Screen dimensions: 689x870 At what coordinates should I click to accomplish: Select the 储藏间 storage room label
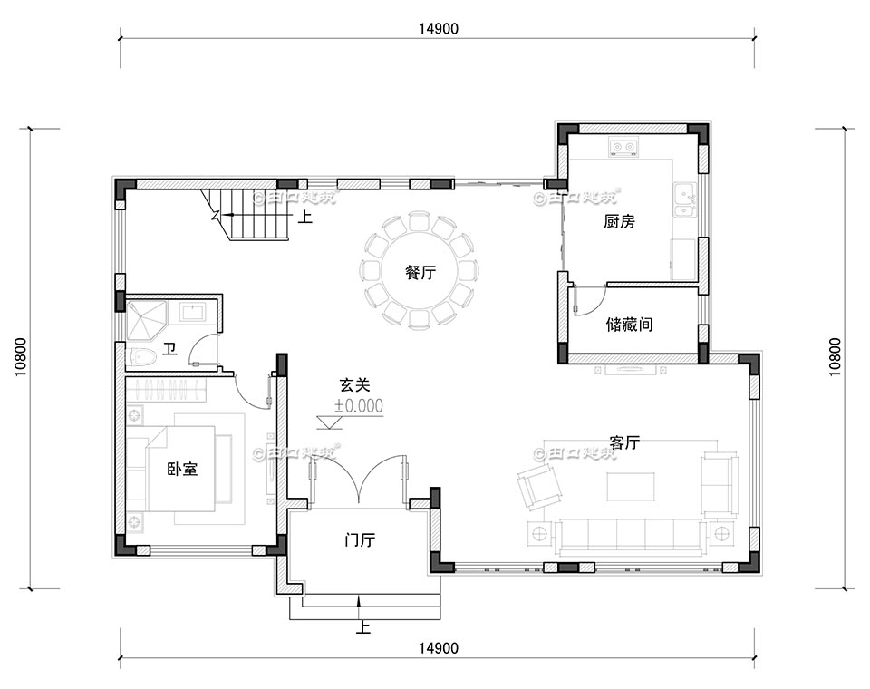pos(629,325)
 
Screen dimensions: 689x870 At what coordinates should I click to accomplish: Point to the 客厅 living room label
pos(624,443)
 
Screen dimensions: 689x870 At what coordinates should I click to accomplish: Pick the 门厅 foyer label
pos(360,541)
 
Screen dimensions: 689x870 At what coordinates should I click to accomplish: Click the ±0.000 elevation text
pos(358,406)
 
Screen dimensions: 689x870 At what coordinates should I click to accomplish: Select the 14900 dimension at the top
pos(439,28)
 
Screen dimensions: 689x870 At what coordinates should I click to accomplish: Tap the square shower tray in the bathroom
pos(147,320)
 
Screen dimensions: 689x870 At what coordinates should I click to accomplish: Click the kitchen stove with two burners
pos(623,147)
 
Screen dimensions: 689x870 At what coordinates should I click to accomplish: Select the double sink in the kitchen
pos(684,202)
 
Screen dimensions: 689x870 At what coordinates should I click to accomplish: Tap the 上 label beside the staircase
pos(306,218)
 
